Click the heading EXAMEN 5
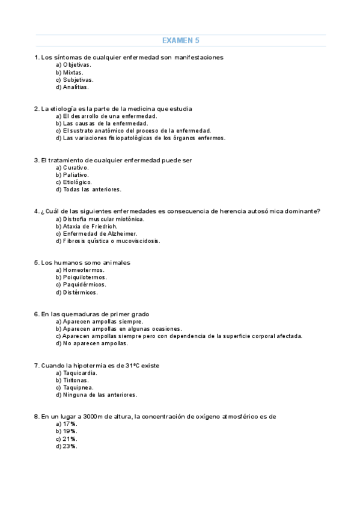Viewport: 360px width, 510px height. pyautogui.click(x=180, y=41)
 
